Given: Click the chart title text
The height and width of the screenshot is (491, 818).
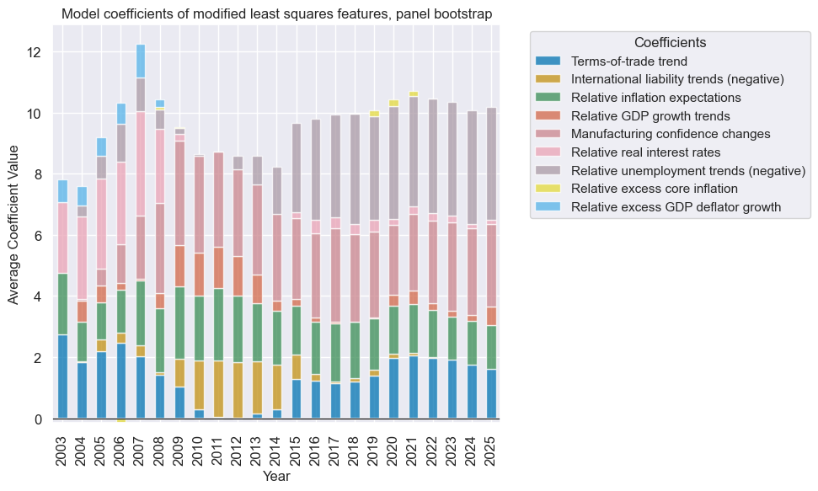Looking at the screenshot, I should pos(276,13).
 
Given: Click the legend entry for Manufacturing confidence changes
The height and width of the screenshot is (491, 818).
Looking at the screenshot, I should pos(671,134).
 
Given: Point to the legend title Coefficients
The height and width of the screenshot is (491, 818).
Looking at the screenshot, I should pos(670,42).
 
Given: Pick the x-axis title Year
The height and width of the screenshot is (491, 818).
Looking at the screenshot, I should pos(276,476).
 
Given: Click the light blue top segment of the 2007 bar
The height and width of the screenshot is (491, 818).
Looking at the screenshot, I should pos(141,61).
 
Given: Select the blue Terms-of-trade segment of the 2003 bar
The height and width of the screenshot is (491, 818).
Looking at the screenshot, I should pos(63,376).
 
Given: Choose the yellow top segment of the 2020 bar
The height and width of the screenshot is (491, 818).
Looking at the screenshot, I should pos(393,103).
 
